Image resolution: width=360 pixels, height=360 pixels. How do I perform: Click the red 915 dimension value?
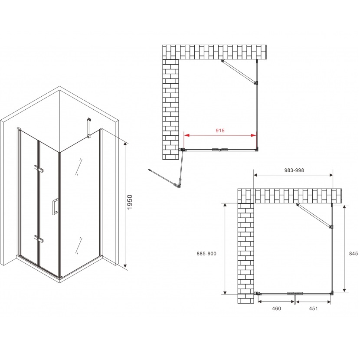click(220, 131)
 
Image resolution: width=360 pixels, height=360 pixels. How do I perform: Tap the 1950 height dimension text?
click(130, 202)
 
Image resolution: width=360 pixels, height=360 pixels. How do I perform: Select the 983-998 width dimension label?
click(294, 170)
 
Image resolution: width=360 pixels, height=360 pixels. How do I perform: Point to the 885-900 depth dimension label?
click(206, 253)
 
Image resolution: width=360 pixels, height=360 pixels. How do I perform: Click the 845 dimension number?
click(353, 253)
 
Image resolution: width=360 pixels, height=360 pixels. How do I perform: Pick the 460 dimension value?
click(276, 308)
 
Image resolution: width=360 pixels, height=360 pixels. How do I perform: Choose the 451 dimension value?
click(314, 308)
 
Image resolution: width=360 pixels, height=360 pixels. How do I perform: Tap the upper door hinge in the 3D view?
click(38, 168)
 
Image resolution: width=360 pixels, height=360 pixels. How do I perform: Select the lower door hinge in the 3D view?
click(38, 239)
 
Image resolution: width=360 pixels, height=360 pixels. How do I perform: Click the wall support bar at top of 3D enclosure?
click(89, 128)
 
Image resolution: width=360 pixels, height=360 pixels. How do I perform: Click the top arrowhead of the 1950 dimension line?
click(125, 144)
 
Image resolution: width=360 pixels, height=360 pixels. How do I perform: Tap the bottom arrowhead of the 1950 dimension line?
click(125, 265)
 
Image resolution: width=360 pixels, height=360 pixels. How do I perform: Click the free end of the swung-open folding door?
click(150, 170)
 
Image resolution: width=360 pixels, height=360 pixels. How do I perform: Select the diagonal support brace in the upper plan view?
click(239, 72)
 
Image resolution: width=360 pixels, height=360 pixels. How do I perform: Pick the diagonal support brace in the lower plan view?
click(314, 216)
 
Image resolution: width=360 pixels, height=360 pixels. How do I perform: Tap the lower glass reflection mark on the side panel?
click(79, 245)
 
